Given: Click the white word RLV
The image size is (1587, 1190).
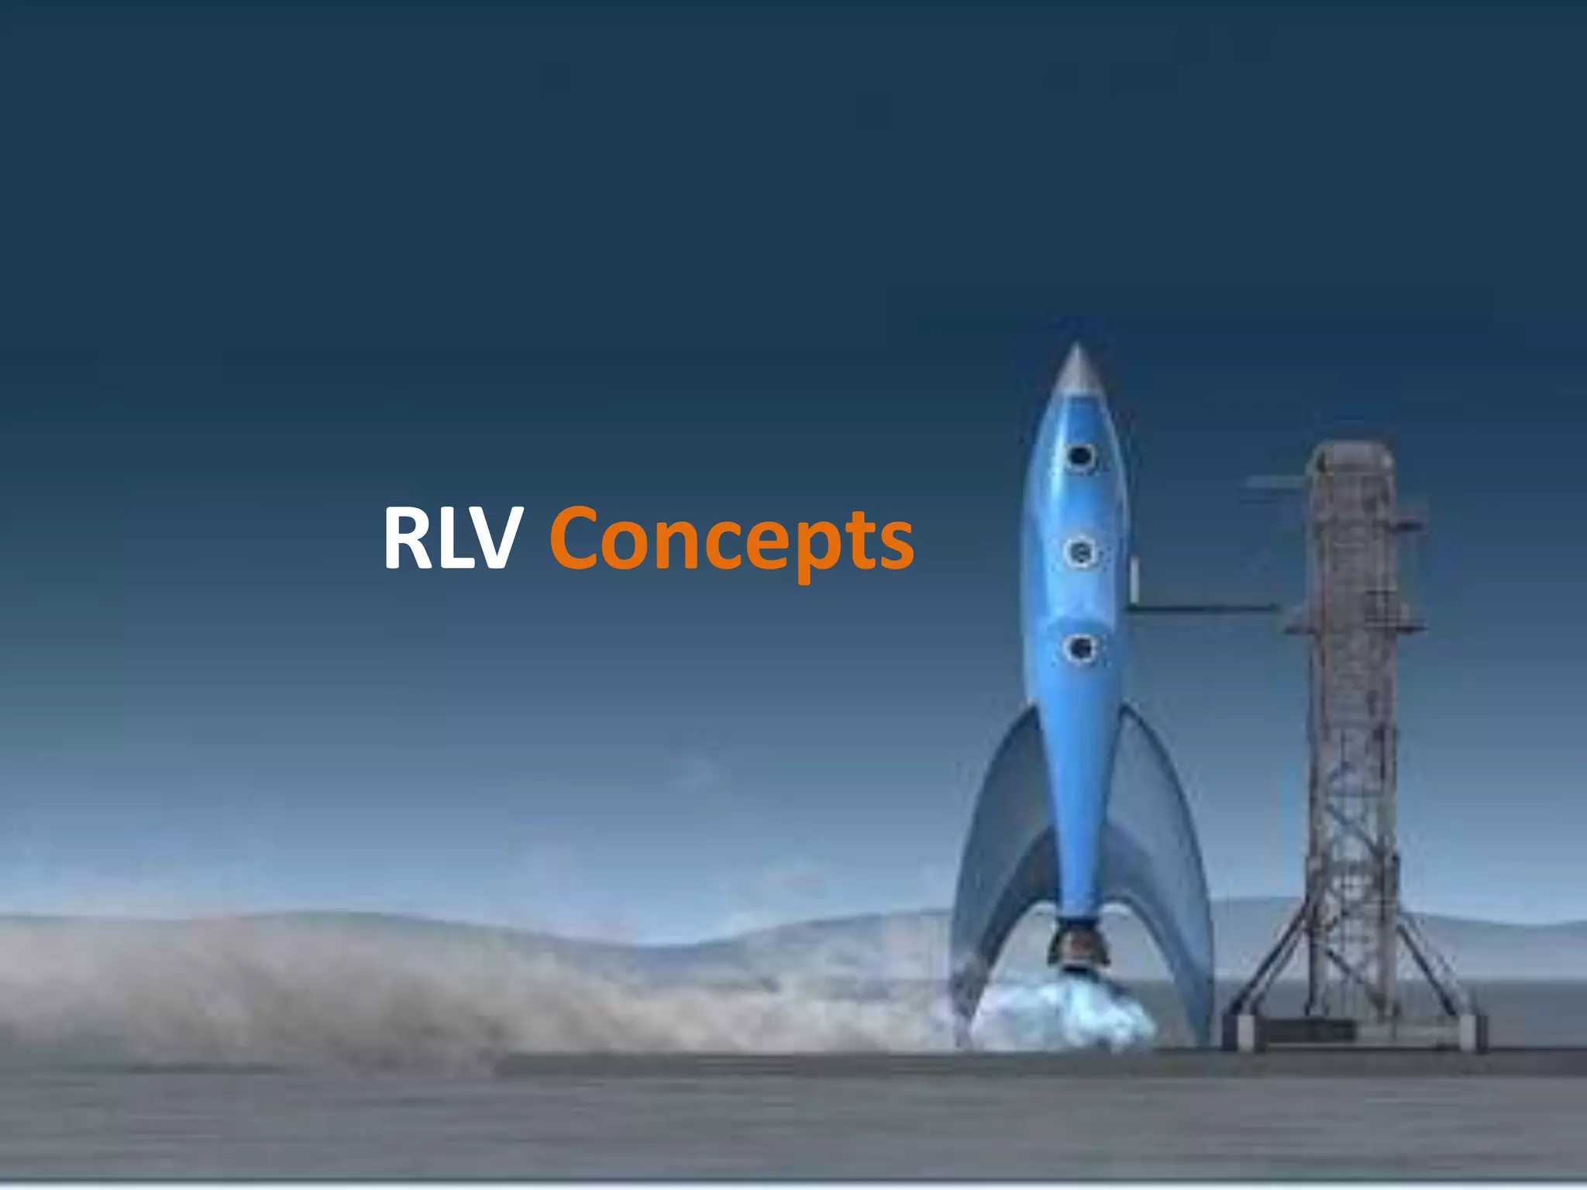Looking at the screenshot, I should [449, 538].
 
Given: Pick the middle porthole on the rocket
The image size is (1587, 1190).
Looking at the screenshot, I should [1079, 552].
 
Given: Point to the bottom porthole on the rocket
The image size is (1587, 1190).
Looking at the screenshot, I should [1079, 647].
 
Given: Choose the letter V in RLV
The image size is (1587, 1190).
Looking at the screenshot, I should [487, 538].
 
